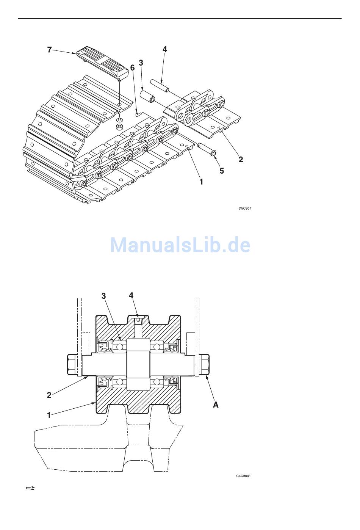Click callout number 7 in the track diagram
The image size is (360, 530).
[49, 50]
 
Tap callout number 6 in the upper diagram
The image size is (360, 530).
[133, 68]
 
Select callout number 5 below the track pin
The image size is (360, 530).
[222, 171]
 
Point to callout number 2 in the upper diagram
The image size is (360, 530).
[241, 159]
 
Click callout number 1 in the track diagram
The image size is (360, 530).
[201, 182]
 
